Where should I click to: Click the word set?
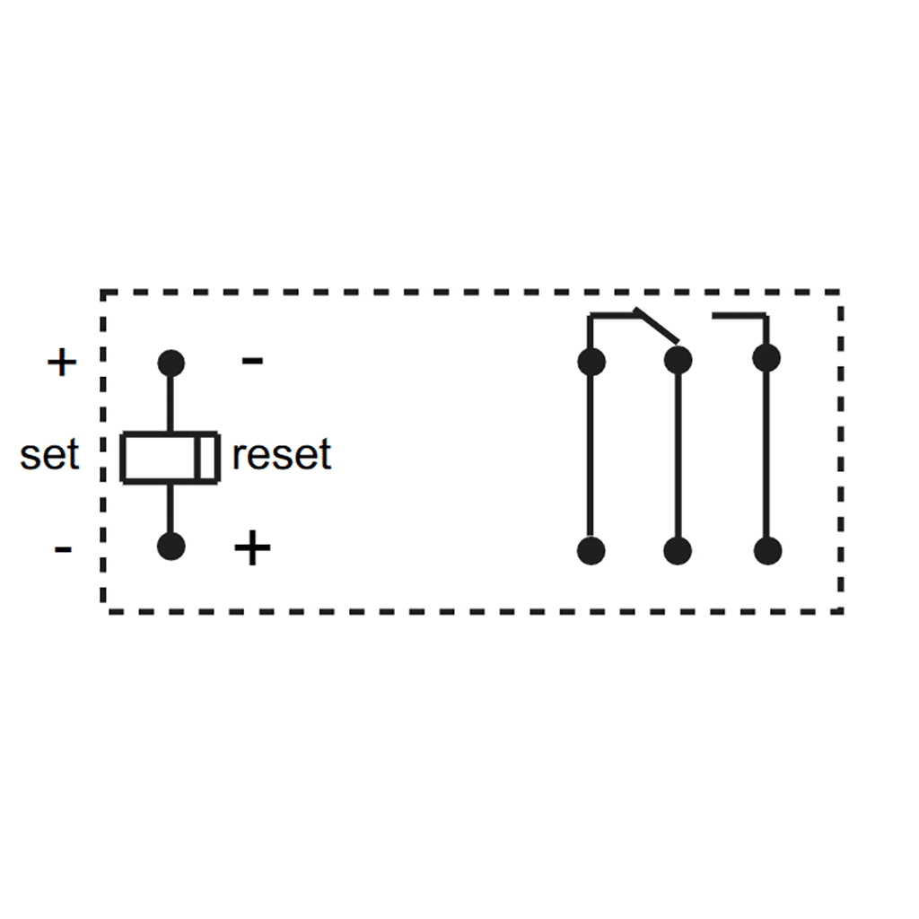[49, 455]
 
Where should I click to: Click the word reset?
[281, 455]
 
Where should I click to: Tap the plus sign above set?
[62, 363]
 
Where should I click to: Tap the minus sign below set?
[63, 548]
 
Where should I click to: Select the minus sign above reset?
[253, 361]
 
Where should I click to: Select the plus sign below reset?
[252, 548]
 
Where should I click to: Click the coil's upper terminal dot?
[171, 363]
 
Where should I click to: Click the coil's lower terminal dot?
[171, 546]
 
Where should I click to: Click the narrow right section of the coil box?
[207, 457]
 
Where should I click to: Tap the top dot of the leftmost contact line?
[591, 362]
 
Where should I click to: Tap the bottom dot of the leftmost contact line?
[591, 550]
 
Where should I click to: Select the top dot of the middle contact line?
[678, 360]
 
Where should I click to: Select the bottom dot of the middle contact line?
[678, 550]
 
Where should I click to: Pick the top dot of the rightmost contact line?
[766, 358]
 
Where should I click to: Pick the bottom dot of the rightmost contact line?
[766, 550]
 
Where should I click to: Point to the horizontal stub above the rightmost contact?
[739, 315]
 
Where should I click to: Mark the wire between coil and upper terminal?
[171, 404]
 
